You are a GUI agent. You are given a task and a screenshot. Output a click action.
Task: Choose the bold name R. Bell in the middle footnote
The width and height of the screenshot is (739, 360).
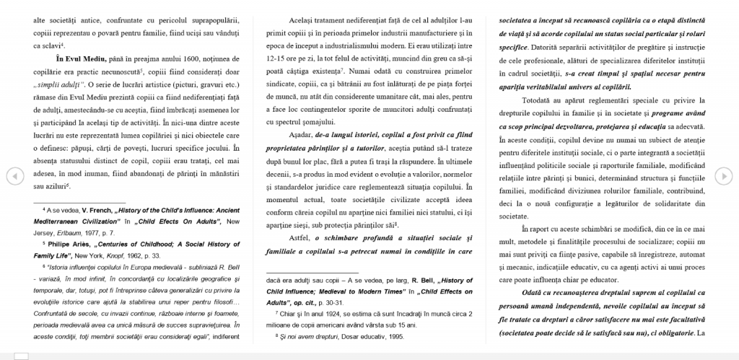coord(423,280)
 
